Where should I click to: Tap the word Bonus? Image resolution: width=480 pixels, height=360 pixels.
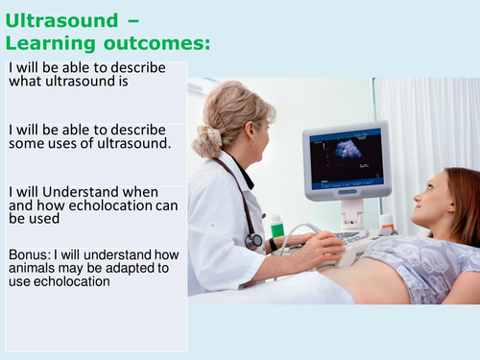28,254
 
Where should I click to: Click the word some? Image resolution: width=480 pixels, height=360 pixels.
28,144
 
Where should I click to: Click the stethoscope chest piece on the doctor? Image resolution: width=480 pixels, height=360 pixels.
253,241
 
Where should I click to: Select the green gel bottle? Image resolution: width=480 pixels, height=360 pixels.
277,228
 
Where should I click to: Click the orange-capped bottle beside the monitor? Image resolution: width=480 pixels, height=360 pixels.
387,224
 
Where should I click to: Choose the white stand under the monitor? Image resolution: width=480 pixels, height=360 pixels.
352,210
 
